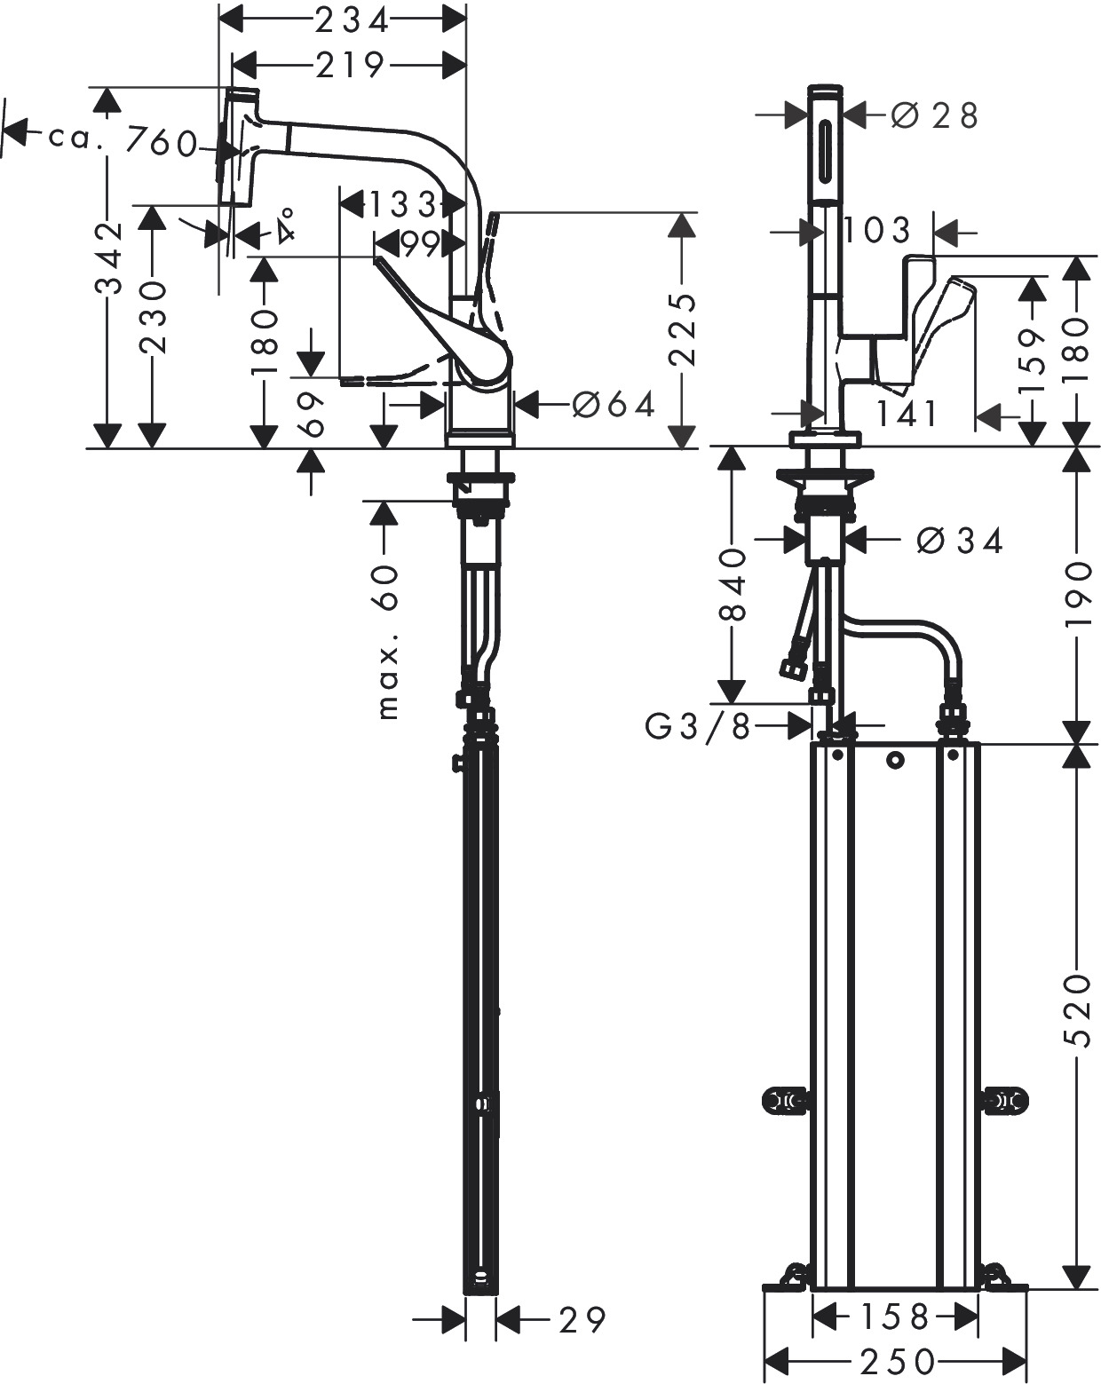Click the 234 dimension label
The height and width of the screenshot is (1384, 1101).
click(352, 22)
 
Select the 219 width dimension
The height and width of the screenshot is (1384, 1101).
click(350, 64)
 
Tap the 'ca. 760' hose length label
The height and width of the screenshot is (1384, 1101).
click(123, 140)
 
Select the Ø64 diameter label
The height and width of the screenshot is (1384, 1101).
click(614, 405)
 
